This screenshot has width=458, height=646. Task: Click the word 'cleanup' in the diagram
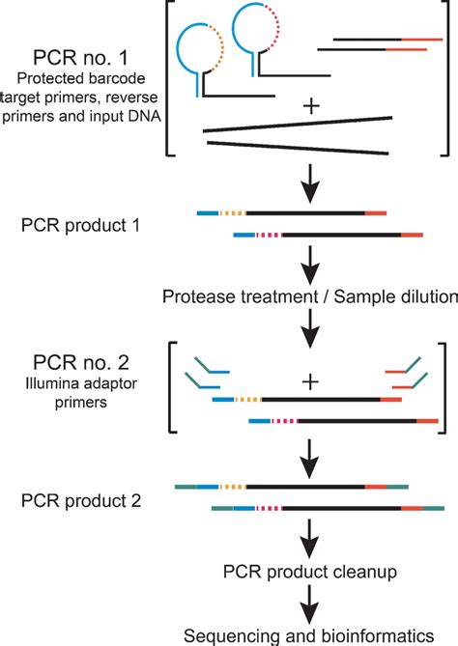362,575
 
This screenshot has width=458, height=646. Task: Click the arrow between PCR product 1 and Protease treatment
311,265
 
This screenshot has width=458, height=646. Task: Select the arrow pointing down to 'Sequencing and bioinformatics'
311,603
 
